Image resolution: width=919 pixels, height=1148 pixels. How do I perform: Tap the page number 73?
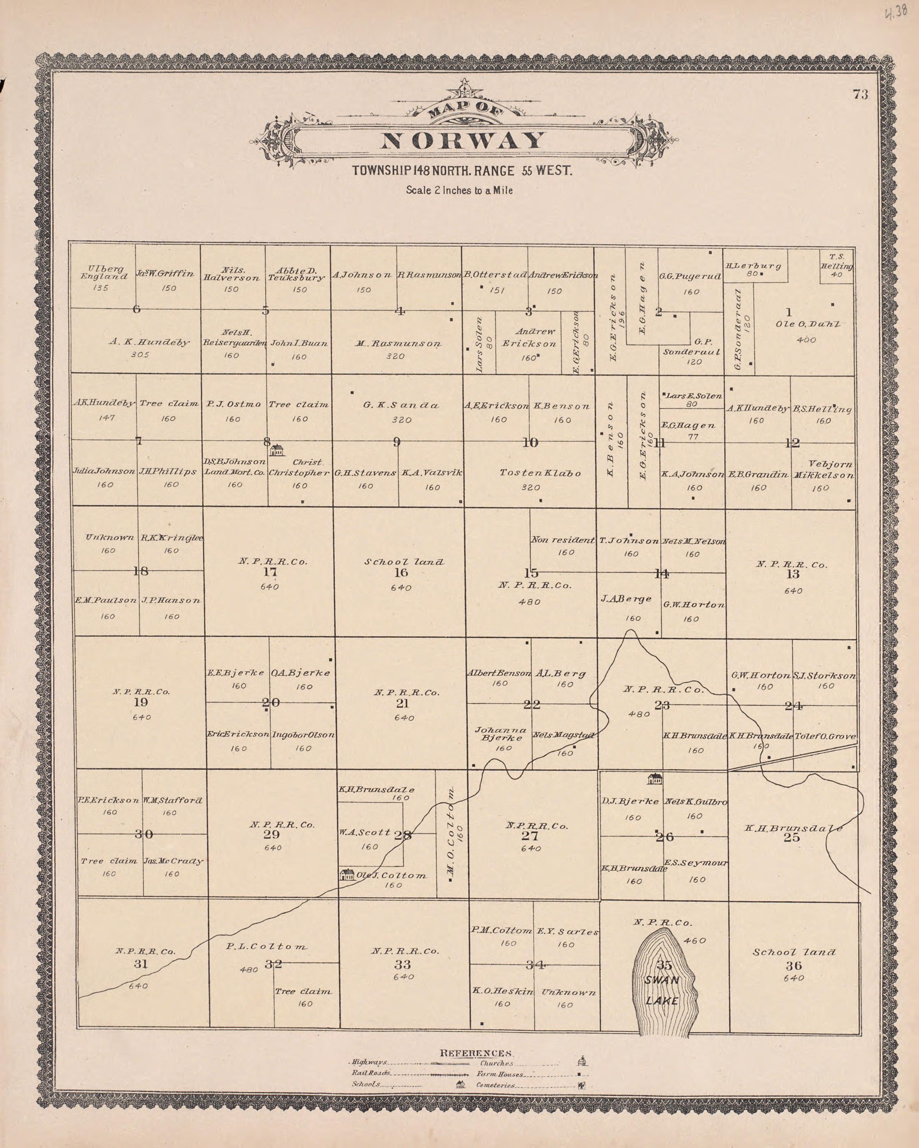coord(860,95)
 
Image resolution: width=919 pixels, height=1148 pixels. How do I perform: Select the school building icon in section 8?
coord(276,450)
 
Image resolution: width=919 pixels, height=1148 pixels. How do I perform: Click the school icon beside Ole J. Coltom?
coord(348,874)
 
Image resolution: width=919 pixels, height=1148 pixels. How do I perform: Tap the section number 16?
coord(401,572)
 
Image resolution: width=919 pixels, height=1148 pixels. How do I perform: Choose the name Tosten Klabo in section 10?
coord(540,473)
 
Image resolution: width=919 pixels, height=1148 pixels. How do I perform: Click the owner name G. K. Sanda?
coord(401,405)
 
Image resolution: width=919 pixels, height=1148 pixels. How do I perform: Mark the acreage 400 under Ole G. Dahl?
coord(806,340)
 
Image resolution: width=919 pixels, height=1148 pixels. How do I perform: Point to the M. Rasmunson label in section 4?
coord(398,344)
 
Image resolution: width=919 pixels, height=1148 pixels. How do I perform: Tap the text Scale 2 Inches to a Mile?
coord(459,190)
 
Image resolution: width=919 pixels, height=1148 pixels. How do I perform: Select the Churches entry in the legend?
coord(497,1063)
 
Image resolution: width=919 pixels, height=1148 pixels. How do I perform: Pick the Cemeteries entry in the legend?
coord(495,1085)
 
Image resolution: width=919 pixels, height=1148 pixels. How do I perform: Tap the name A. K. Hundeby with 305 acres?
coord(149,342)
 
